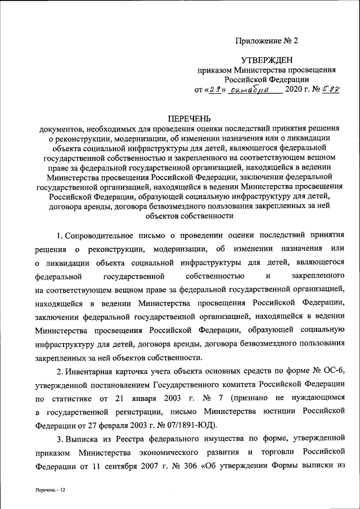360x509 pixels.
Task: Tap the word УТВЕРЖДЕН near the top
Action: click(267, 59)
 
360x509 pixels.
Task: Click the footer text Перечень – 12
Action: click(50, 491)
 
